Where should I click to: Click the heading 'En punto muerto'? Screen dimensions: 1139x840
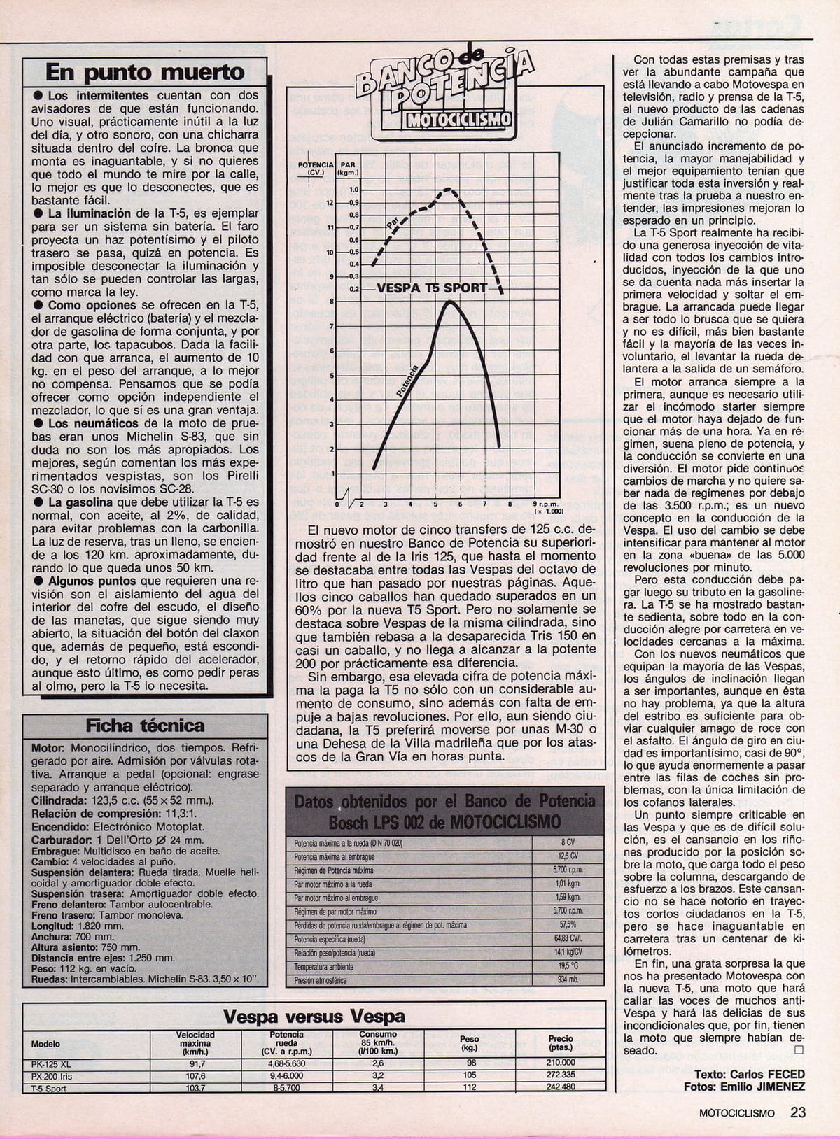pyautogui.click(x=145, y=72)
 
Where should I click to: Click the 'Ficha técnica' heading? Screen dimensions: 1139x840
pyautogui.click(x=145, y=726)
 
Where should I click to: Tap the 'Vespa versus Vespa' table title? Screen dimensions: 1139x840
pyautogui.click(x=313, y=1017)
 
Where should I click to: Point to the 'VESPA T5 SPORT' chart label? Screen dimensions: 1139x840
pyautogui.click(x=432, y=288)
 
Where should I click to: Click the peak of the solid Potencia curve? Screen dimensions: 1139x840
pyautogui.click(x=449, y=302)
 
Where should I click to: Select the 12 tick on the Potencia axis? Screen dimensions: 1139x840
pyautogui.click(x=330, y=202)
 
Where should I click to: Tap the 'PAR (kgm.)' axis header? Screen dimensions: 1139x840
pyautogui.click(x=348, y=168)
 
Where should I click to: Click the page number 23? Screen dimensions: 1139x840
pyautogui.click(x=799, y=1112)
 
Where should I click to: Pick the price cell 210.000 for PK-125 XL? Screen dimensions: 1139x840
pyautogui.click(x=561, y=1062)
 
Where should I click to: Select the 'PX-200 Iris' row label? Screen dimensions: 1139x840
pyautogui.click(x=52, y=1075)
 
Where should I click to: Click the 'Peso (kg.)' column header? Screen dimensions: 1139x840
pyautogui.click(x=469, y=1043)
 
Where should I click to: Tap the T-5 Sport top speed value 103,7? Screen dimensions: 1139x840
pyautogui.click(x=195, y=1088)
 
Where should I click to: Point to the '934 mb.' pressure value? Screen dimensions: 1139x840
pyautogui.click(x=568, y=980)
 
